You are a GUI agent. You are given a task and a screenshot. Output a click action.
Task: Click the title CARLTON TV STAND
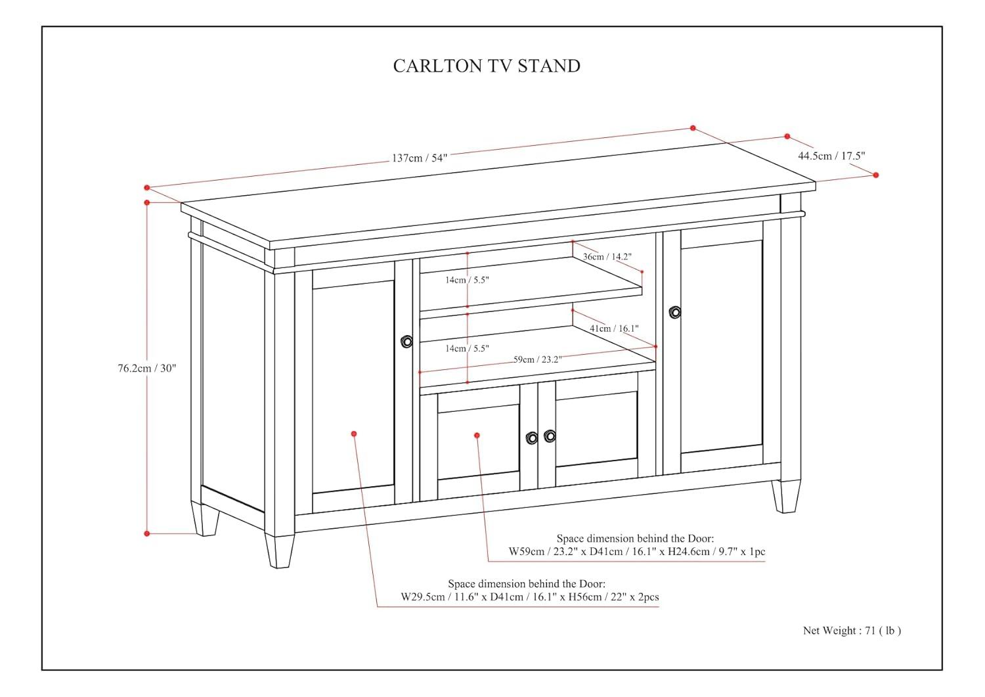coord(487,66)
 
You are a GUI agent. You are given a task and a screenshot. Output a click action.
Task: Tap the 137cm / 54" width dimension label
coord(419,158)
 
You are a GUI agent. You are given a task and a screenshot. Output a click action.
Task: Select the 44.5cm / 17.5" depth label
coord(831,156)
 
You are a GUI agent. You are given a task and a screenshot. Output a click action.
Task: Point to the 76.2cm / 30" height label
coord(147,368)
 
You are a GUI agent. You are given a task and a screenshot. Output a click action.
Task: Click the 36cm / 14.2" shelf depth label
coord(606,256)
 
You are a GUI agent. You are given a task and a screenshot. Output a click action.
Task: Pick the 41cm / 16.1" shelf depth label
coord(613,328)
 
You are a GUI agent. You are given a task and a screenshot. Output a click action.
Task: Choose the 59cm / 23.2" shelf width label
coord(537,359)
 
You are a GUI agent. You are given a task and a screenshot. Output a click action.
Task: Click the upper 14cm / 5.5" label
coord(467,280)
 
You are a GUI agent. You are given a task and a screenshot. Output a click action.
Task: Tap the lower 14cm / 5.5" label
coord(467,348)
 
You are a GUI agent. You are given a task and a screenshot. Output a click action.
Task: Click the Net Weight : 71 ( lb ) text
coord(852,631)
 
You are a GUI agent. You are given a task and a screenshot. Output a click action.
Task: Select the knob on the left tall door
coord(406,341)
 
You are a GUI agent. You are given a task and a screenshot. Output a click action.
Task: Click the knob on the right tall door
coord(674,312)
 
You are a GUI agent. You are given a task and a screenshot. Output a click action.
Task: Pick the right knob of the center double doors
coord(550,436)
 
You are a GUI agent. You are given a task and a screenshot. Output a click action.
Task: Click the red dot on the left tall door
coord(354,434)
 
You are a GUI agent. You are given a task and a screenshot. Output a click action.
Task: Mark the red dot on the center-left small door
coord(477,435)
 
